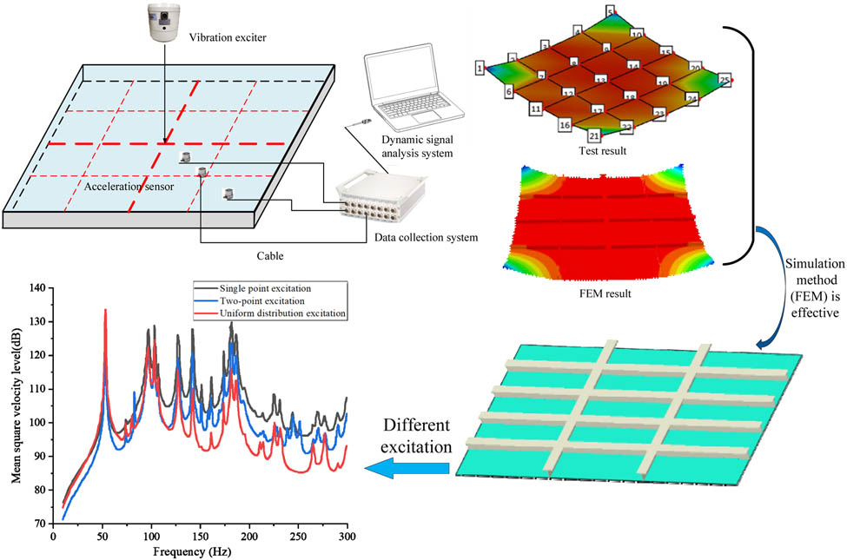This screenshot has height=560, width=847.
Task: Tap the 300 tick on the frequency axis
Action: coord(347,537)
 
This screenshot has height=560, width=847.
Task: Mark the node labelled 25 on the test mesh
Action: coord(725,80)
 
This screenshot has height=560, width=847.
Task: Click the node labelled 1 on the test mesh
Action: coord(479,67)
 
